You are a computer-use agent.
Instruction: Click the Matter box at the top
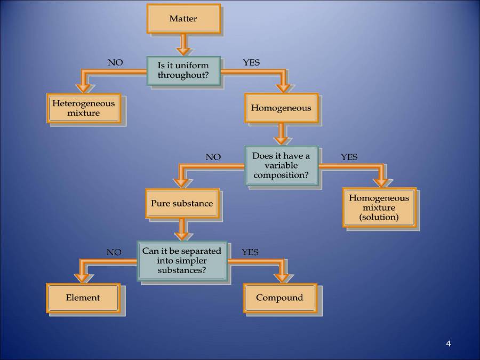pyautogui.click(x=183, y=19)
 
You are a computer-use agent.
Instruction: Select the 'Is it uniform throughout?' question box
pyautogui.click(x=183, y=70)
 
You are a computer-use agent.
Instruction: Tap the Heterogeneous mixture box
pyautogui.click(x=83, y=108)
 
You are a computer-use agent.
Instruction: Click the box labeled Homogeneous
pyautogui.click(x=281, y=108)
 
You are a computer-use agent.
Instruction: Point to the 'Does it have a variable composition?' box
pyautogui.click(x=281, y=165)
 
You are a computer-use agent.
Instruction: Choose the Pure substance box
pyautogui.click(x=181, y=203)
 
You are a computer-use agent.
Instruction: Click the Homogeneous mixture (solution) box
pyautogui.click(x=379, y=207)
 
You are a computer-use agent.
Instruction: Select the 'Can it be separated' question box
pyautogui.click(x=181, y=261)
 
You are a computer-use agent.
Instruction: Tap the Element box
pyautogui.click(x=83, y=298)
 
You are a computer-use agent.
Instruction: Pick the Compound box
pyautogui.click(x=279, y=298)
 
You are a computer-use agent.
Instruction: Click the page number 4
pyautogui.click(x=449, y=343)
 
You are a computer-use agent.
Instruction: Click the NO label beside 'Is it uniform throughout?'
pyautogui.click(x=115, y=62)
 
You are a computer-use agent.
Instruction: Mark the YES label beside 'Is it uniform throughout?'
pyautogui.click(x=251, y=62)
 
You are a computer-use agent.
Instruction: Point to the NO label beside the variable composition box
pyautogui.click(x=213, y=157)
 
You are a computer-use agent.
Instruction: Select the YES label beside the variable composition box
pyautogui.click(x=349, y=157)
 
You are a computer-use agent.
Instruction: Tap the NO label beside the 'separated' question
pyautogui.click(x=114, y=252)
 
